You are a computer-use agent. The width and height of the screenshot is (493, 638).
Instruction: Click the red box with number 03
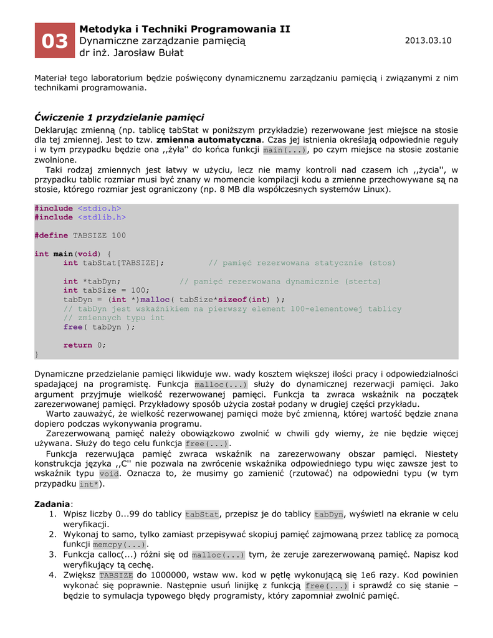pos(54,41)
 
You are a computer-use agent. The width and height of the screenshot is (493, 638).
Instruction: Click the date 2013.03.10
pos(428,40)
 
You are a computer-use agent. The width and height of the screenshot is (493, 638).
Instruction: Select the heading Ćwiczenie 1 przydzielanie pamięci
pos(119,117)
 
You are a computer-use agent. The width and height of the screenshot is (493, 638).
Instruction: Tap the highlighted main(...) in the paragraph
pos(285,150)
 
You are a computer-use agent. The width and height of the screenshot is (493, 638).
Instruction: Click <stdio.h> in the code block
pos(99,208)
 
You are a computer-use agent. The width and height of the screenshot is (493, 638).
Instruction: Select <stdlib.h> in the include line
pos(102,217)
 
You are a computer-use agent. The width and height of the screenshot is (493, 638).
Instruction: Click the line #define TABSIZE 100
pos(80,236)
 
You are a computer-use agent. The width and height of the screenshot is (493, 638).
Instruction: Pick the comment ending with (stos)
pos(302,263)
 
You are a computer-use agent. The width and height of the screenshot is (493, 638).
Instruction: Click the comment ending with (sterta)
pos(280,282)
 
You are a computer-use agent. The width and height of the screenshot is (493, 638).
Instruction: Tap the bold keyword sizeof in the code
pos(236,300)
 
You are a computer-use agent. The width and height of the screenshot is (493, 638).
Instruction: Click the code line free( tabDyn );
pos(99,327)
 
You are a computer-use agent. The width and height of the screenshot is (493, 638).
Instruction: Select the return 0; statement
pos(85,345)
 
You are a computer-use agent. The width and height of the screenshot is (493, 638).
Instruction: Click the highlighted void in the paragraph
pos(108,474)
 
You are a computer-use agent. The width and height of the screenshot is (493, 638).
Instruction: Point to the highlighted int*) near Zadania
pos(89,484)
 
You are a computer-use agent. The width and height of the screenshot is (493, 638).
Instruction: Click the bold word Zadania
pos(52,503)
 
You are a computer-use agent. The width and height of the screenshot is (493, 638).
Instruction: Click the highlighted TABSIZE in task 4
pos(116,575)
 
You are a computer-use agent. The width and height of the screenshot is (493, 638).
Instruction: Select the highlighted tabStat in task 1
pos(203,514)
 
